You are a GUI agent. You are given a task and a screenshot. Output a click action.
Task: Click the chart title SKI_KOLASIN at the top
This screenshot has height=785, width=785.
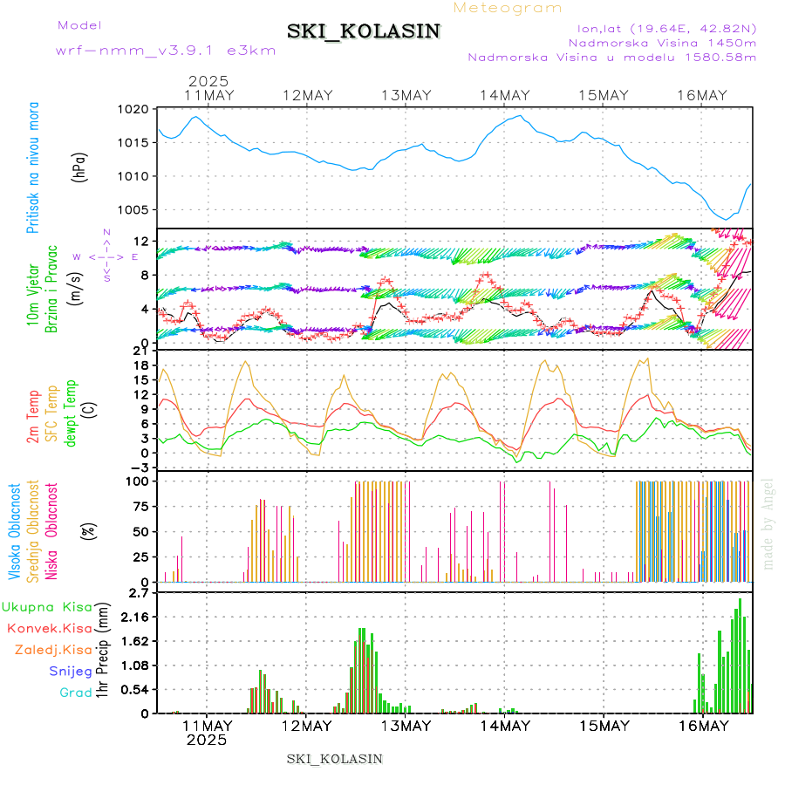click(364, 31)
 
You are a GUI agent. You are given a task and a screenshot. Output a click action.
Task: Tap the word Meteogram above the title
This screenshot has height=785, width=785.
click(509, 8)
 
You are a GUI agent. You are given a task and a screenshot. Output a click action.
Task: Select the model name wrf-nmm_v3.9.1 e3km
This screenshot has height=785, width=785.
click(166, 50)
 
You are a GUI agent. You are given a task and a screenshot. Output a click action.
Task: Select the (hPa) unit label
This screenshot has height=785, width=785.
click(80, 167)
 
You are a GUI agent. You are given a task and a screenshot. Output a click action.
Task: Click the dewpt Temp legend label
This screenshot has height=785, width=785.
click(71, 410)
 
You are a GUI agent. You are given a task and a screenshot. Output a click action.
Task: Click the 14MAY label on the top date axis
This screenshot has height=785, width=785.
click(505, 95)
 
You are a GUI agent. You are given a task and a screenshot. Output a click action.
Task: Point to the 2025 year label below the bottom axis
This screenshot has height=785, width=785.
click(207, 740)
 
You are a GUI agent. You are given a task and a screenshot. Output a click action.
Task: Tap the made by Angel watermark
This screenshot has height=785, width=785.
click(768, 523)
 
